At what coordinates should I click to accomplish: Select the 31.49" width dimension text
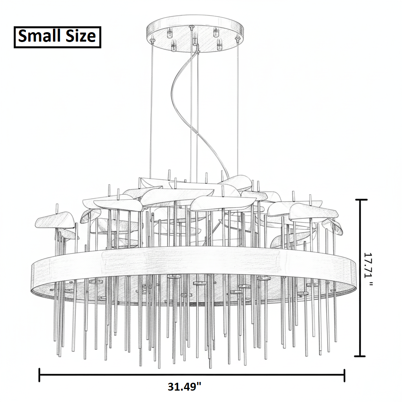point(185,386)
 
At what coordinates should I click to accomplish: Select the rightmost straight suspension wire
point(238,108)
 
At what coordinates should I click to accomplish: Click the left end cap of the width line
point(39,375)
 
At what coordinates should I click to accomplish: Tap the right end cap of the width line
point(344,375)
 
